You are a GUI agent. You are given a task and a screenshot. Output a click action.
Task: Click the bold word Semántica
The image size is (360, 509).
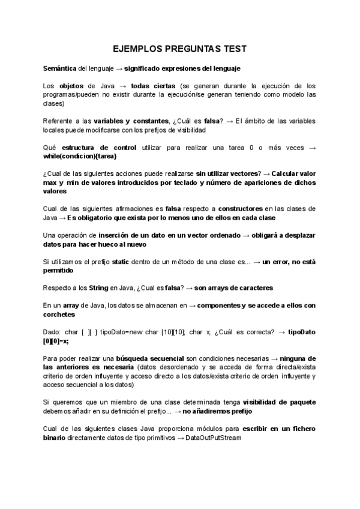(61, 69)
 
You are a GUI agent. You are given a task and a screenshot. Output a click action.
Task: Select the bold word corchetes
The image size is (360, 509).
(59, 314)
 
